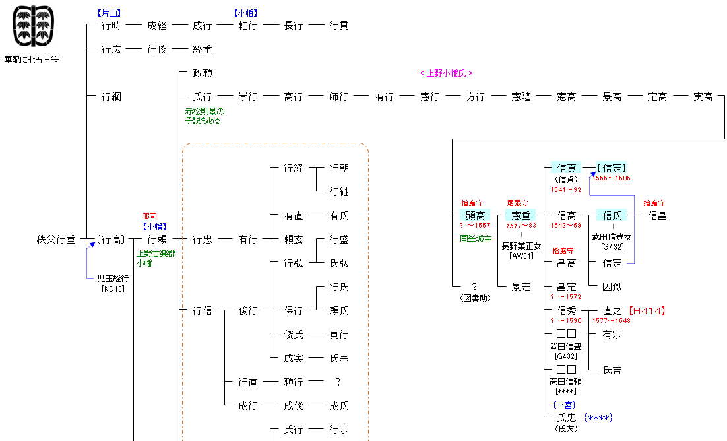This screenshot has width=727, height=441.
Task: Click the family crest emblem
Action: click(x=33, y=26)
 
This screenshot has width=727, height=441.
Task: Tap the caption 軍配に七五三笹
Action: click(x=32, y=60)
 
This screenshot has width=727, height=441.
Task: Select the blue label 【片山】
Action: click(x=109, y=13)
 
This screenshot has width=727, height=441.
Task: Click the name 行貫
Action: click(x=338, y=26)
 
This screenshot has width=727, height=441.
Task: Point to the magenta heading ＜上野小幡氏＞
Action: click(x=445, y=73)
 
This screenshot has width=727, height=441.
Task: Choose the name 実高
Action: click(x=703, y=96)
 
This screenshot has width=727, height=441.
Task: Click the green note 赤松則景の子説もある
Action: click(x=205, y=116)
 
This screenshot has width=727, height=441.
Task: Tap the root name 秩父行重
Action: click(x=56, y=239)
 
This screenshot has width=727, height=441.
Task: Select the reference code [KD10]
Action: click(x=113, y=288)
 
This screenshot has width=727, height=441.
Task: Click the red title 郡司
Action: click(x=150, y=217)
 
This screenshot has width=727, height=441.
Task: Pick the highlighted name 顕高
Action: click(x=475, y=215)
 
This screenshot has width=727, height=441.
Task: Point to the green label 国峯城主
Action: click(x=476, y=238)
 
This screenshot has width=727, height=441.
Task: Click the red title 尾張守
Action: click(x=517, y=203)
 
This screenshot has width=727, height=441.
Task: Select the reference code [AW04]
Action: click(x=521, y=255)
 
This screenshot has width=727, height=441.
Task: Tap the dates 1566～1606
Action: click(x=611, y=178)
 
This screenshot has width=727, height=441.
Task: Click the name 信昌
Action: click(x=658, y=215)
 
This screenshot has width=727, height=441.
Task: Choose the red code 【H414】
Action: click(x=647, y=310)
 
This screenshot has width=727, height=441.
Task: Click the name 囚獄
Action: click(x=612, y=287)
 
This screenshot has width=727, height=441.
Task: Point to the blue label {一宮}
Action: click(x=564, y=405)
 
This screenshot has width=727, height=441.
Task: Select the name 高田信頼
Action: click(x=565, y=381)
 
